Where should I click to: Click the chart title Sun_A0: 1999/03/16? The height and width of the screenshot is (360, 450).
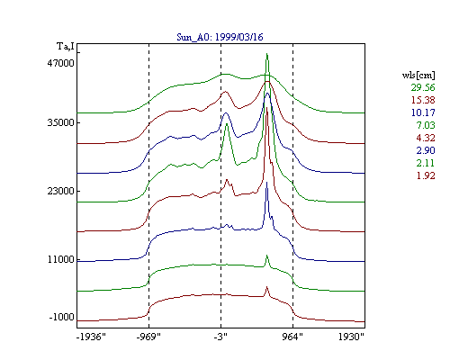point(220,37)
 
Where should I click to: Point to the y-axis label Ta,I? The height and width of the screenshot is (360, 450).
point(66,47)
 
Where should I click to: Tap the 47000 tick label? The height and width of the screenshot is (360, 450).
point(60,63)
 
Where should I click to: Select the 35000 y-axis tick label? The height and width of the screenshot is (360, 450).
point(60,122)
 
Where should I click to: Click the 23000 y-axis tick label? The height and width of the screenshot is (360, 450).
point(60,191)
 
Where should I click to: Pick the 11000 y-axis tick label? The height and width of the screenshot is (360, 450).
point(60,259)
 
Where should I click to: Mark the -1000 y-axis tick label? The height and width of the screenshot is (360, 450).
point(61,317)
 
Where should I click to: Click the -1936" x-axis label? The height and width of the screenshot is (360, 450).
point(91,337)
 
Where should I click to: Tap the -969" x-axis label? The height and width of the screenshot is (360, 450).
point(148,337)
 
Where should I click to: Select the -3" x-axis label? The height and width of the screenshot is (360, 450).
point(220,337)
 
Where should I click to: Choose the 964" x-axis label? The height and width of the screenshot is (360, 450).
point(292,337)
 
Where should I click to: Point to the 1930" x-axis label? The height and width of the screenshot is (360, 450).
point(351,337)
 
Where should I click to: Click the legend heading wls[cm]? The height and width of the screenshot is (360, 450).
point(418,76)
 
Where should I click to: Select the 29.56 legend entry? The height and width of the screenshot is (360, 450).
point(423,87)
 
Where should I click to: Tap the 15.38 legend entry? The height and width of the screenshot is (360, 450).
point(423,100)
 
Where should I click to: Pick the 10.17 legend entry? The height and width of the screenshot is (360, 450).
point(423,112)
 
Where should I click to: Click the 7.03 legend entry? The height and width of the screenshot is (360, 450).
point(426,125)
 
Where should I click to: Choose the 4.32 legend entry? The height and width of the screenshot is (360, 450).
point(426,138)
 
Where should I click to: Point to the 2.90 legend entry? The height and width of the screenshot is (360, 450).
point(426,150)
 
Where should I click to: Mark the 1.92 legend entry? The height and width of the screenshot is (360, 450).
point(426,175)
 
